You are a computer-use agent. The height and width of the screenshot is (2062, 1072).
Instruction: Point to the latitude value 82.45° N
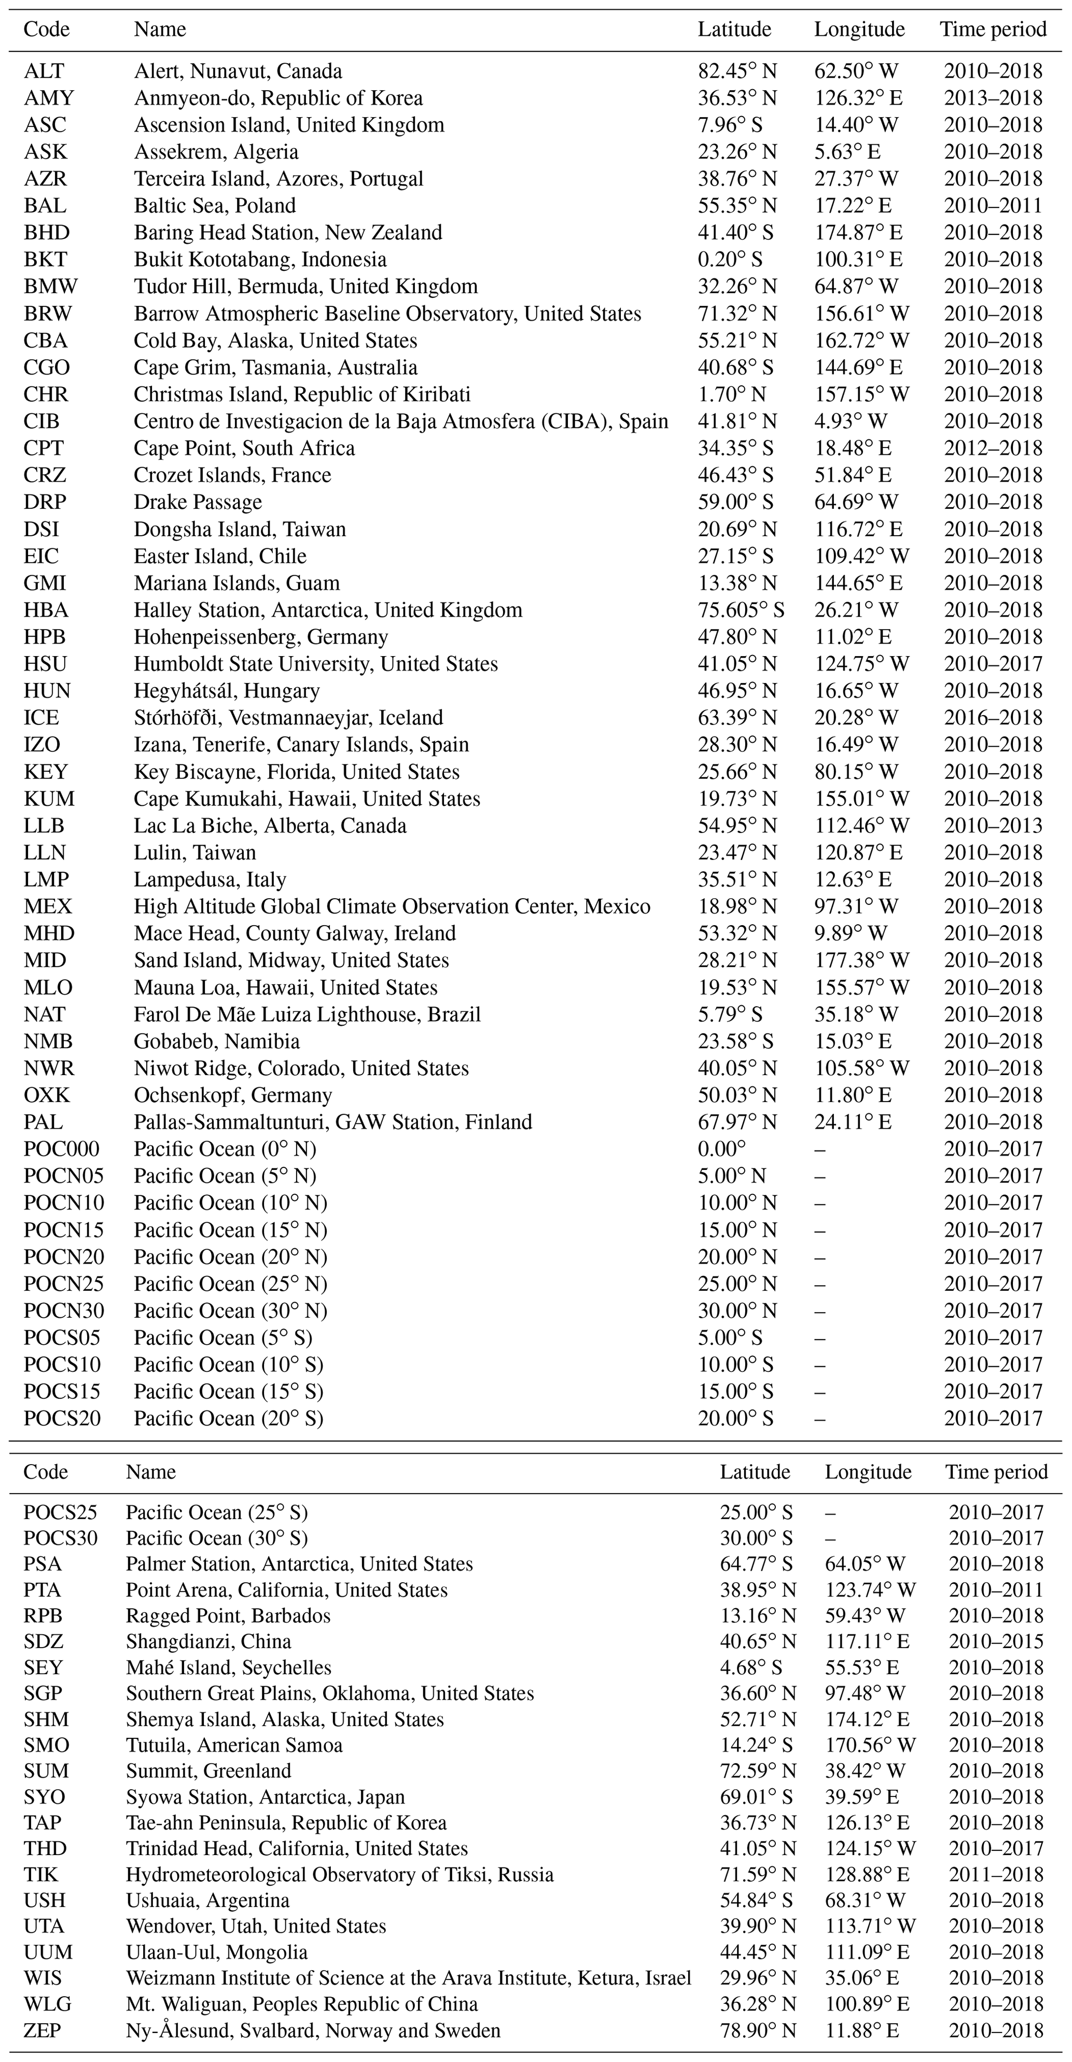[x=736, y=71]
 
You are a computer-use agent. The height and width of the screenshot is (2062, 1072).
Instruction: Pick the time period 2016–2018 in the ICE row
[x=993, y=718]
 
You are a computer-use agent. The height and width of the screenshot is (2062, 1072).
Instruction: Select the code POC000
[x=62, y=1149]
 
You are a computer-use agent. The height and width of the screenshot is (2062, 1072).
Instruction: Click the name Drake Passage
[x=198, y=502]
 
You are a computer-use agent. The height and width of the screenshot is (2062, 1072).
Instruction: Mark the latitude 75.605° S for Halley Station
[x=741, y=610]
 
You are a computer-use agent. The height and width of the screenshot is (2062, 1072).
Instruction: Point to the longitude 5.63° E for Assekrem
[x=847, y=152]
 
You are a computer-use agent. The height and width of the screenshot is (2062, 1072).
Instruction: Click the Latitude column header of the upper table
[x=734, y=30]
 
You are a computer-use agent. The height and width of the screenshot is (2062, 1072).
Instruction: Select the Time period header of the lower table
[x=996, y=1472]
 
